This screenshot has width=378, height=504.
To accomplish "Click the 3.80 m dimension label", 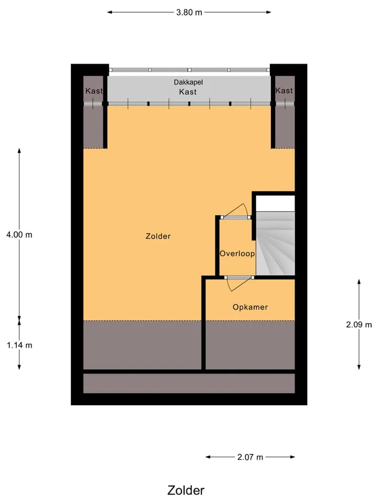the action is pos(189,13).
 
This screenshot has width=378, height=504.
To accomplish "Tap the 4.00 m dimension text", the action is pos(19,235).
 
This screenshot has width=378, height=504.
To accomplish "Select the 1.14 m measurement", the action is pos(19,345).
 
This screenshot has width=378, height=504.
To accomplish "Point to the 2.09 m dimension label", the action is pos(359,324).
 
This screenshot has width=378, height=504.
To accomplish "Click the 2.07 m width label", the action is pos(250,457).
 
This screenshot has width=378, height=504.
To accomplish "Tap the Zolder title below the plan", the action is pos(186,490).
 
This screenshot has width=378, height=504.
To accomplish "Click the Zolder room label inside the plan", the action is pos(158,236).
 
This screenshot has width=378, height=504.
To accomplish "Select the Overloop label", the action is pos(237,254).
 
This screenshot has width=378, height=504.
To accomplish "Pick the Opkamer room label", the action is pos(250,307).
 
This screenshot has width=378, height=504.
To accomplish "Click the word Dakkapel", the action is pos(188,82).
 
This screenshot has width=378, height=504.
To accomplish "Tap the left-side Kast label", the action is pos(94,91).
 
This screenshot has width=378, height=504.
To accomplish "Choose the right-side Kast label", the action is pos(284,91).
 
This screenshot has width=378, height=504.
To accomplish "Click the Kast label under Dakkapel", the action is pos(188,92).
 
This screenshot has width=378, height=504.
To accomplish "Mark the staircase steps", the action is pos(276,243).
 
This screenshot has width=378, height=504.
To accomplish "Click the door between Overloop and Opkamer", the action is pos(238,283).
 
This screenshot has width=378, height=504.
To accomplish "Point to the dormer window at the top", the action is pos(190,70).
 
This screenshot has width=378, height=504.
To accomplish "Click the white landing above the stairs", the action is pos(276,204).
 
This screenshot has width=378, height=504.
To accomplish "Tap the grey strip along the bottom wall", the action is pos(189,383).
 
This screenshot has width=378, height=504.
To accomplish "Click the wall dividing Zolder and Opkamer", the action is pos(204,323).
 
